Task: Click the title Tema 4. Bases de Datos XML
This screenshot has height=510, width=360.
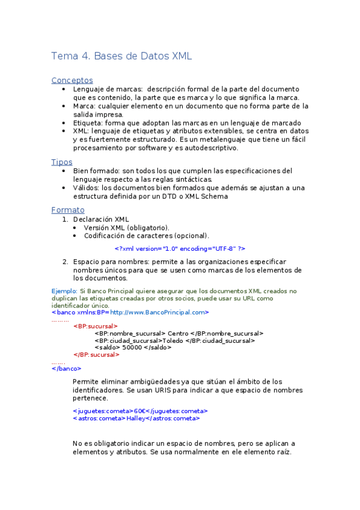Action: pos(121,57)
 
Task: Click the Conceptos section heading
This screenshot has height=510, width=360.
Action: pos(72,80)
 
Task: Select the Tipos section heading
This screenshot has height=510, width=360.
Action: pos(62,162)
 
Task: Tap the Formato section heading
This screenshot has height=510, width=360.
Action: pos(68,210)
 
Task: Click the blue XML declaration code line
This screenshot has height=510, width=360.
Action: pos(180,248)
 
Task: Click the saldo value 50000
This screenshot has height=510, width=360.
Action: pos(132,347)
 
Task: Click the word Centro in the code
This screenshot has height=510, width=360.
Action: pos(178,333)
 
